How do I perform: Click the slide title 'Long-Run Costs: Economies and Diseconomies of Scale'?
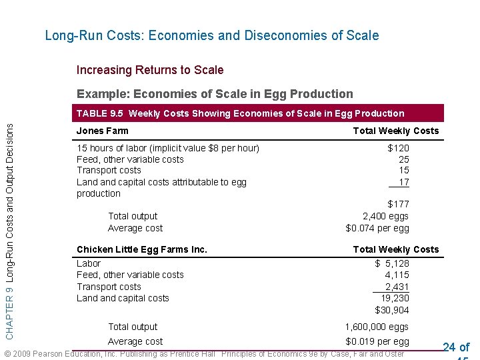coord(211,35)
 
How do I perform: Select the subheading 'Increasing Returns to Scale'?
coord(150,70)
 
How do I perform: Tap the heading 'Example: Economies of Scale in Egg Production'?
coord(215,94)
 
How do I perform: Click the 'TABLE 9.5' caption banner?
coord(240,113)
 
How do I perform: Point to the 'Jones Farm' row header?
coord(103,131)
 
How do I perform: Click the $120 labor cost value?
coord(399,148)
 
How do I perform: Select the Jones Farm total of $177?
coord(399,204)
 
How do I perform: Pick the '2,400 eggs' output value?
coord(385,216)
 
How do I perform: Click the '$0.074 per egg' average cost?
coord(377,228)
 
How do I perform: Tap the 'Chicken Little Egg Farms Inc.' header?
coord(142,249)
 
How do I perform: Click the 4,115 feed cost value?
coord(397,275)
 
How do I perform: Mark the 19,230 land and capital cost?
coord(395,298)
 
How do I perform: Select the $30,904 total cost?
coord(392,310)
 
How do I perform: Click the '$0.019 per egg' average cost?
coord(377,341)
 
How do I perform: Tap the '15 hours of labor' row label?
coord(168,148)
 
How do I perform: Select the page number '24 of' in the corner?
coord(456,347)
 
